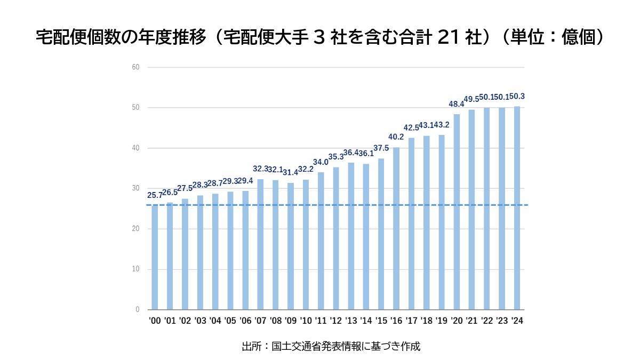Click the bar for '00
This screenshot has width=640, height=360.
tap(155, 257)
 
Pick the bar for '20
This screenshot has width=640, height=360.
tap(457, 212)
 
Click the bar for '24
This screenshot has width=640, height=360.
tap(517, 208)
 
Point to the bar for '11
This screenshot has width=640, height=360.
tap(321, 241)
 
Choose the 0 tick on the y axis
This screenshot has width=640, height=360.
tap(137, 309)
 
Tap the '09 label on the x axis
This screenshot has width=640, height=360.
tap(291, 321)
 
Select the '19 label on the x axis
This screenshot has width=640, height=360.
tap(442, 321)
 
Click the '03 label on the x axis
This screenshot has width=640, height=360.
tap(200, 321)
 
